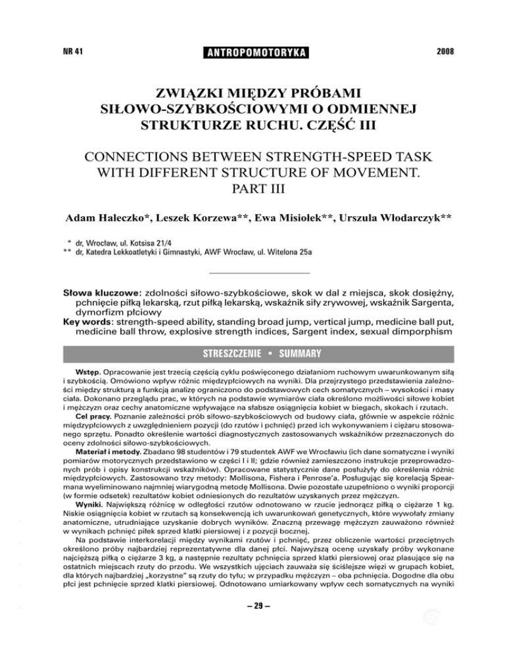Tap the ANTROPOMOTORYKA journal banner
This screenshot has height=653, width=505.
point(252,51)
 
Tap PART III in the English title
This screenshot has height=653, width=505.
point(252,194)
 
